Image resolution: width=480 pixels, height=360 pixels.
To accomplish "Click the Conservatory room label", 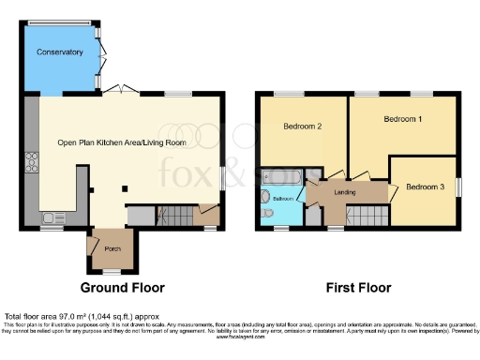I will pos(61,52).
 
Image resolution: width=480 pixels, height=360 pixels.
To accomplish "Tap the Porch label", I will pos(112,248).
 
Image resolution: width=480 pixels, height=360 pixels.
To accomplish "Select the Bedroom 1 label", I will pos(402,120).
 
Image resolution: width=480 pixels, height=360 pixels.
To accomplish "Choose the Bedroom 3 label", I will pos(425,187).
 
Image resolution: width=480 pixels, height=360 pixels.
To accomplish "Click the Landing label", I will pos(344,193).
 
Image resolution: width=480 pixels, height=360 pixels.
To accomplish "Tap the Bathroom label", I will pos(283,199).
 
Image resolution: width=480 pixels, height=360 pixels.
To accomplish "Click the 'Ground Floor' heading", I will pos(122,288).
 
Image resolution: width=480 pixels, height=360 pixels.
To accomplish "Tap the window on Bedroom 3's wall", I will pos(459,187).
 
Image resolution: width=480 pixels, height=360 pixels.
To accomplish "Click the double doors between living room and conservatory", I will pos(119,88).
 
